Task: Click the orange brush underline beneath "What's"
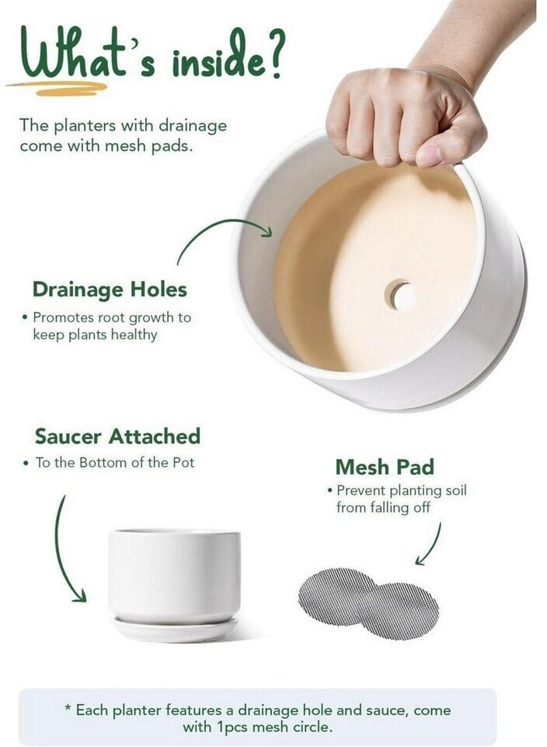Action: (x=57, y=88)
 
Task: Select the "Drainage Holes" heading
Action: (x=110, y=289)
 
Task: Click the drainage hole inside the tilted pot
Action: (x=399, y=295)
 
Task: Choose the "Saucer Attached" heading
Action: (x=117, y=437)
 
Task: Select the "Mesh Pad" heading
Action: (x=385, y=467)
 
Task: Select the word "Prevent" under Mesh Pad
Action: (x=361, y=490)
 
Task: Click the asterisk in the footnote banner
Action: (x=68, y=707)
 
